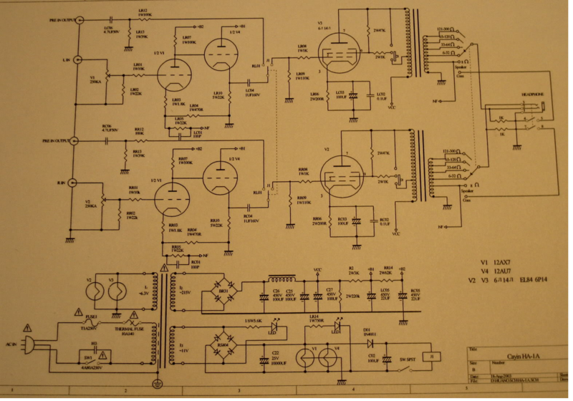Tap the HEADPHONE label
click(x=534, y=94)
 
